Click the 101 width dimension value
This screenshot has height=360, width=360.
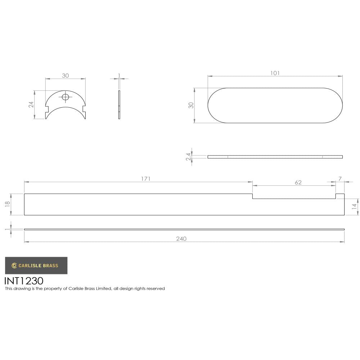(275, 73)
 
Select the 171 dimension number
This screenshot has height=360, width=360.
(145, 179)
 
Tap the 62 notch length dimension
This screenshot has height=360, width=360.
(298, 183)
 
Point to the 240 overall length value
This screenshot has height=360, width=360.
(181, 239)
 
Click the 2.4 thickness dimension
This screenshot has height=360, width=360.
(188, 157)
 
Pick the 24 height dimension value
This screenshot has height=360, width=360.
(31, 104)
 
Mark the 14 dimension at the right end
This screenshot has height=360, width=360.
(354, 207)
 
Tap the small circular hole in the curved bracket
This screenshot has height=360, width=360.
(66, 97)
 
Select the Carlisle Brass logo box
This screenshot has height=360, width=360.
(36, 266)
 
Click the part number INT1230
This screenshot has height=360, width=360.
(24, 280)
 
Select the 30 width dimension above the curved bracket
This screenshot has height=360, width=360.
(65, 76)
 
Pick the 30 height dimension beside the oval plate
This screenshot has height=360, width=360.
(191, 105)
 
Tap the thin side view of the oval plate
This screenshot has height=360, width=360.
(275, 157)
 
